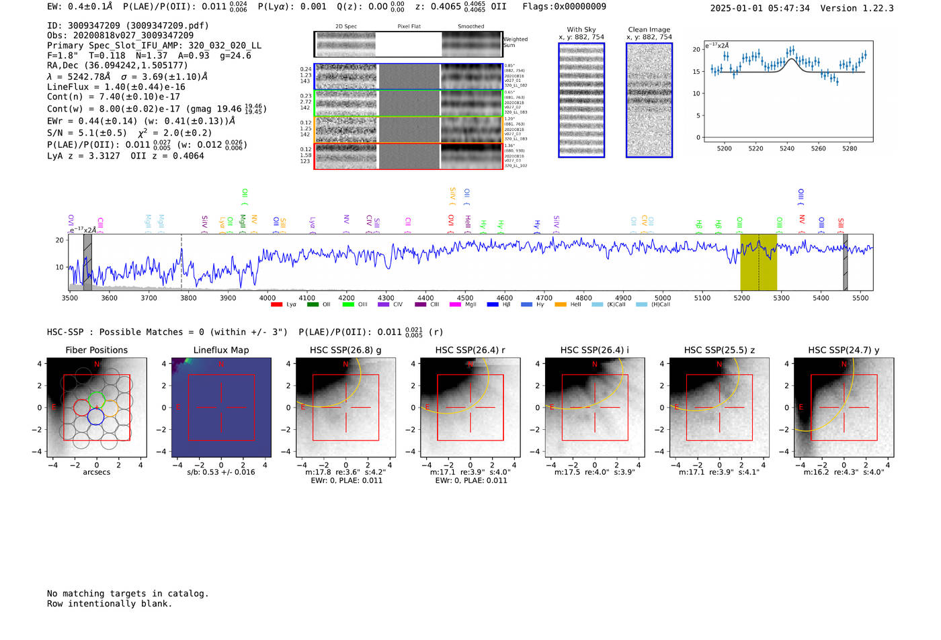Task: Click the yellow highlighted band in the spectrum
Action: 758,262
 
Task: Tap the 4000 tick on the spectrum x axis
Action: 268,298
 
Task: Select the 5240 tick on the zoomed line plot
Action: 787,148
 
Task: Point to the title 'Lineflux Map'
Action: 221,350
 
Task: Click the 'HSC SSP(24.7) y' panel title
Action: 844,350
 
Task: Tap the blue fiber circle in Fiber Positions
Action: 96,416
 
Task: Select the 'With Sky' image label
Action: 581,30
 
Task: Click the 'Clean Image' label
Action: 649,30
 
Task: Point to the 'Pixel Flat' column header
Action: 409,27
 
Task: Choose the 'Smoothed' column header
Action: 470,27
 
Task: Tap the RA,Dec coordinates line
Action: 118,65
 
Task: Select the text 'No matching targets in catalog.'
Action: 128,593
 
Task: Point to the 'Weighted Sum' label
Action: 515,42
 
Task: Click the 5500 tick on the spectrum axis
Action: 860,298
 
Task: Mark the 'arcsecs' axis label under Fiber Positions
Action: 96,472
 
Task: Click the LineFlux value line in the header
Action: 116,87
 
